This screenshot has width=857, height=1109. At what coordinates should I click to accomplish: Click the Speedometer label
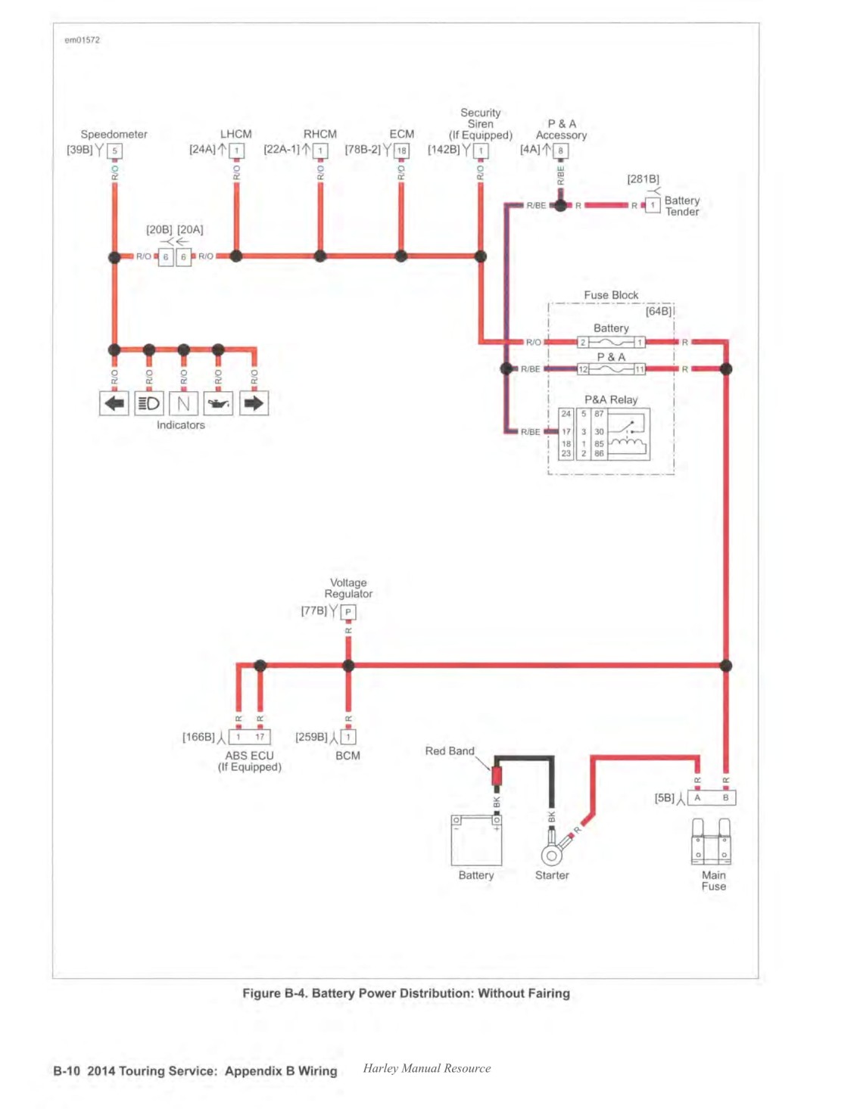(114, 134)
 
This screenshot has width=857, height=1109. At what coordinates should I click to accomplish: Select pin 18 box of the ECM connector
(401, 151)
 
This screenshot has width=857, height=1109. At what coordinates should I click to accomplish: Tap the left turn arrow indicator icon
(114, 403)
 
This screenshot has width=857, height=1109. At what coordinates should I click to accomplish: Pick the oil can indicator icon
(218, 403)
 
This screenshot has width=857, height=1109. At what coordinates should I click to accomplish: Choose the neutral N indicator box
(183, 403)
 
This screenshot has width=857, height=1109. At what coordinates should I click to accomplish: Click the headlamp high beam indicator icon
(148, 403)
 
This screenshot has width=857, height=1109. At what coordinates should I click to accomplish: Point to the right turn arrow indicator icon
(254, 403)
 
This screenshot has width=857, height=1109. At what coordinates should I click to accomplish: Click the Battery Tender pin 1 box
(652, 205)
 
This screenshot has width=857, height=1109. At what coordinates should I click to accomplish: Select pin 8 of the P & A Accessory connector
(560, 151)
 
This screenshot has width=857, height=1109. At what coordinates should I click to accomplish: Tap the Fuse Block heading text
(611, 295)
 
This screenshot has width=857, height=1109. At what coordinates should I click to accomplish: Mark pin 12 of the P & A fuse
(583, 369)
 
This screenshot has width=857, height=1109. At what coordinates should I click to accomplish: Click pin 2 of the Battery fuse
(583, 342)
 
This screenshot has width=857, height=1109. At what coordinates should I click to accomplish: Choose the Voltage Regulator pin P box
(348, 612)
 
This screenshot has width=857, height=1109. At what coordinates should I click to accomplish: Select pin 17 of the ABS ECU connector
(260, 737)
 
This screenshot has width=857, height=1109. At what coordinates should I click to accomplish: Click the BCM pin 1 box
(348, 737)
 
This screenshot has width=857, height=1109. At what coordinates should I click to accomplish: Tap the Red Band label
(450, 750)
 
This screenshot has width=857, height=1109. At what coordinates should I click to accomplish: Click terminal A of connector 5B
(697, 797)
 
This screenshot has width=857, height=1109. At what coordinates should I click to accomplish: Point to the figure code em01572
(83, 40)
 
